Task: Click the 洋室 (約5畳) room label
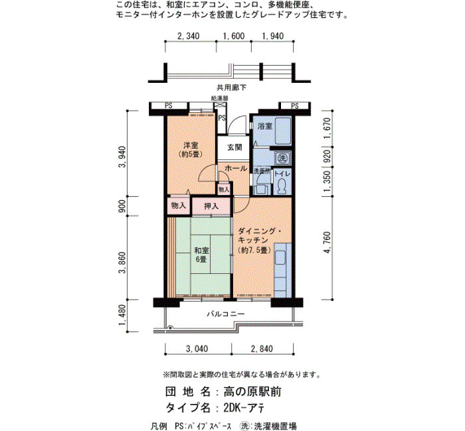tap(191, 150)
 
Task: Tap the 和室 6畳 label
tap(201, 255)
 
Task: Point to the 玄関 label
tap(234, 147)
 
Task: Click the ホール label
tap(236, 168)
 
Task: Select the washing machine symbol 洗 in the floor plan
tap(282, 158)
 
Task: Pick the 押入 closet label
tap(211, 206)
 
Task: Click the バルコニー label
tap(226, 314)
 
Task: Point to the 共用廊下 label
tap(231, 88)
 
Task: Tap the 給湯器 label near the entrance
tap(220, 98)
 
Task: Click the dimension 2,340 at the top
tap(188, 36)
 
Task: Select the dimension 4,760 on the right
tap(327, 243)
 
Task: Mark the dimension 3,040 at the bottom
tap(197, 349)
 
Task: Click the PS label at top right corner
tap(295, 105)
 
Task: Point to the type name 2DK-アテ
tap(244, 408)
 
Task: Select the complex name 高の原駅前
tap(252, 392)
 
